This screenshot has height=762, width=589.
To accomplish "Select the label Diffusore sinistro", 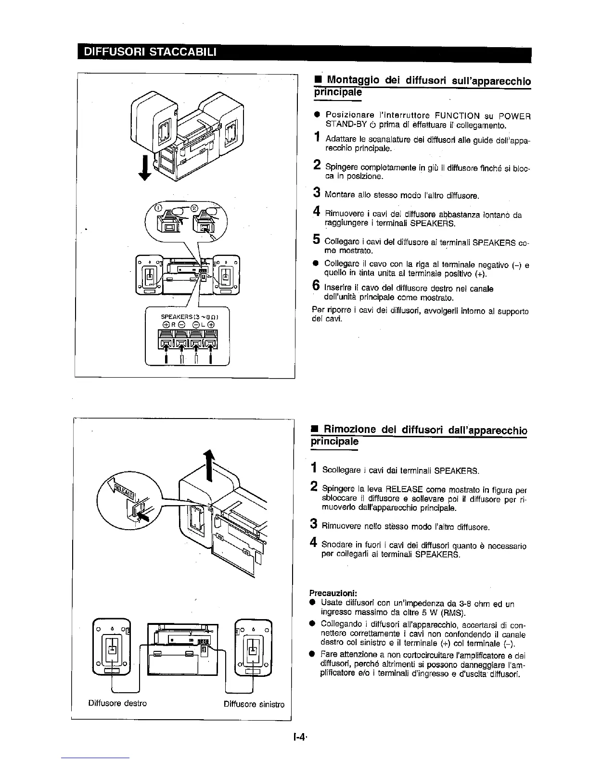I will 254,704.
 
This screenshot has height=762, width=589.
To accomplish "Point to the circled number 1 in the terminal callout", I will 157,208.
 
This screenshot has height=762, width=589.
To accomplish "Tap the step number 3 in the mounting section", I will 317,193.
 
